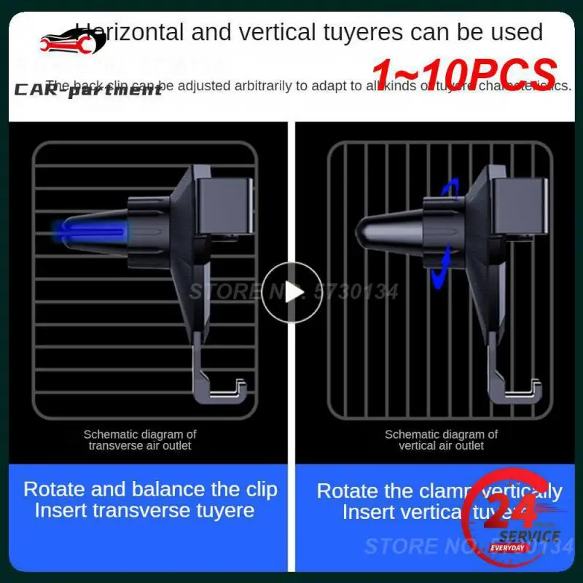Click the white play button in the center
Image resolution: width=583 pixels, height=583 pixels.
[x=291, y=292]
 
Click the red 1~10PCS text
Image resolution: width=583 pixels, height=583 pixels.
[x=464, y=74]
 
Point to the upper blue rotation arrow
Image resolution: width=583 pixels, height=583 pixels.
[x=447, y=191]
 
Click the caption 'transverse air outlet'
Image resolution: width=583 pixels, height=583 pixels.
[x=140, y=446]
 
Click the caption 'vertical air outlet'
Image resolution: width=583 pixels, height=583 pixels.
[x=441, y=446]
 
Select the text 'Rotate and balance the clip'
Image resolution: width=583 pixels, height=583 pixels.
[x=150, y=489]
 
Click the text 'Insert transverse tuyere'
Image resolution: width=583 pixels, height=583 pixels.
[x=144, y=510]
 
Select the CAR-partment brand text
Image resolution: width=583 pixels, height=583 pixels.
[x=87, y=90]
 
